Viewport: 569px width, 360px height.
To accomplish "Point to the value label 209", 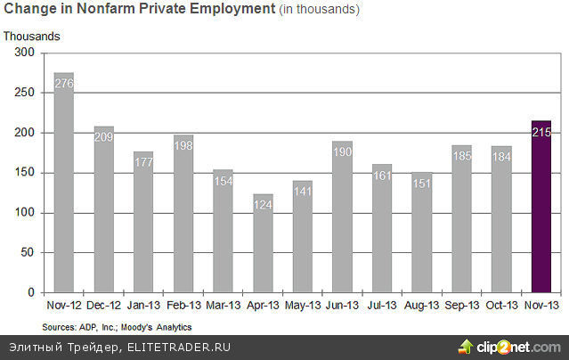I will (x=104, y=138).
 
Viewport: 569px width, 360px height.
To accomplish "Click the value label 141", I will (x=303, y=192).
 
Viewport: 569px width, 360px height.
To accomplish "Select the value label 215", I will (x=541, y=133).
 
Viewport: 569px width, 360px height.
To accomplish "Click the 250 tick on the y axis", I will (x=24, y=93).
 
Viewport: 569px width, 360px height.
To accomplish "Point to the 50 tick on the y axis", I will (x=27, y=252).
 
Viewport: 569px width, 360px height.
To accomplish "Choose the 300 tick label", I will (x=24, y=53).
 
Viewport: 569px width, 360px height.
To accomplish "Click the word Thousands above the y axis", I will (x=32, y=37).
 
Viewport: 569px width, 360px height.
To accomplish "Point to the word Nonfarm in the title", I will (x=118, y=10).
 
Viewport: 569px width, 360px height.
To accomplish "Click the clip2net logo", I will (x=510, y=347).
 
